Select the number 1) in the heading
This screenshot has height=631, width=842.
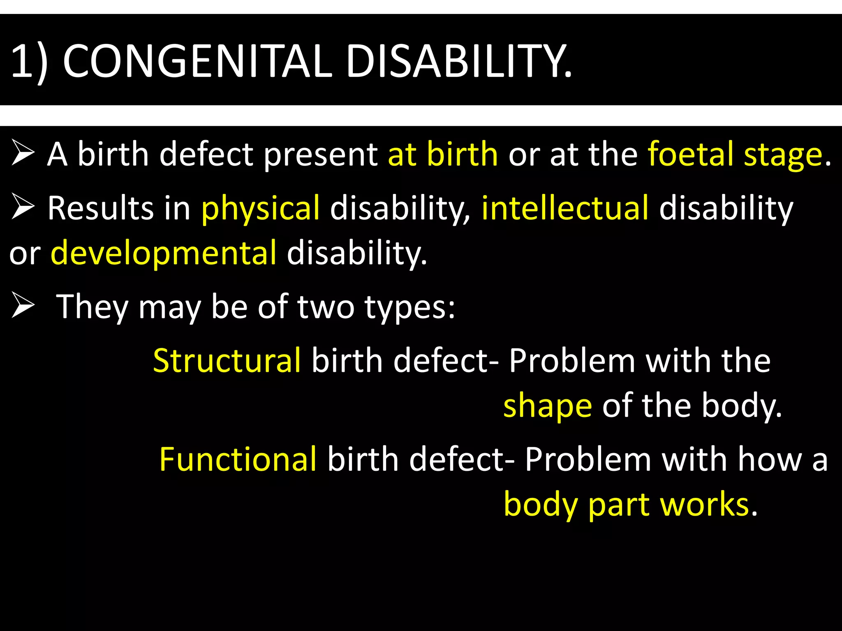coord(29,62)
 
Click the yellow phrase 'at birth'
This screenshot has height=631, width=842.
coord(443,154)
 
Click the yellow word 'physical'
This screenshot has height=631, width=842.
coord(260,208)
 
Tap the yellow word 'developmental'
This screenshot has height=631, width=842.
coord(164,253)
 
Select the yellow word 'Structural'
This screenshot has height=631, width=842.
coord(227,360)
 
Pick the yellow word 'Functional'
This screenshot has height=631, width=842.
coord(238,459)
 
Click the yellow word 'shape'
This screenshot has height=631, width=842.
coord(548,406)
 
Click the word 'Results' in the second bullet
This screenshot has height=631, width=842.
coord(101,208)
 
